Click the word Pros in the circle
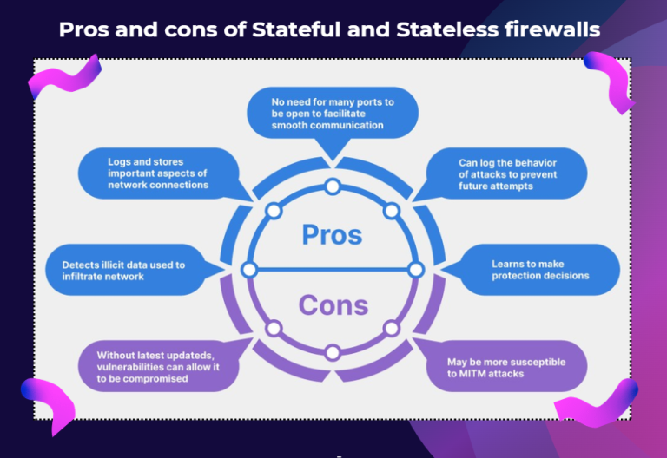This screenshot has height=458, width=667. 332,234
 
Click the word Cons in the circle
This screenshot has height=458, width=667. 333,305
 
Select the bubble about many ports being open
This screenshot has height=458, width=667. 332,113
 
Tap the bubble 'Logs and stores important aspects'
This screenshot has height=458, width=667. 158,173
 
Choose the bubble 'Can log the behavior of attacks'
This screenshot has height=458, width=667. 509,174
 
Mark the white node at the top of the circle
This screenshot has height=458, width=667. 332,186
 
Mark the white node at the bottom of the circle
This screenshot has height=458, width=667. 332,352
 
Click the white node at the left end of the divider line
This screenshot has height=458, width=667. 249,270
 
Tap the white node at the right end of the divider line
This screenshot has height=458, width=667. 415,270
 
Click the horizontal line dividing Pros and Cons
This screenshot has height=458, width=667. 332,270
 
